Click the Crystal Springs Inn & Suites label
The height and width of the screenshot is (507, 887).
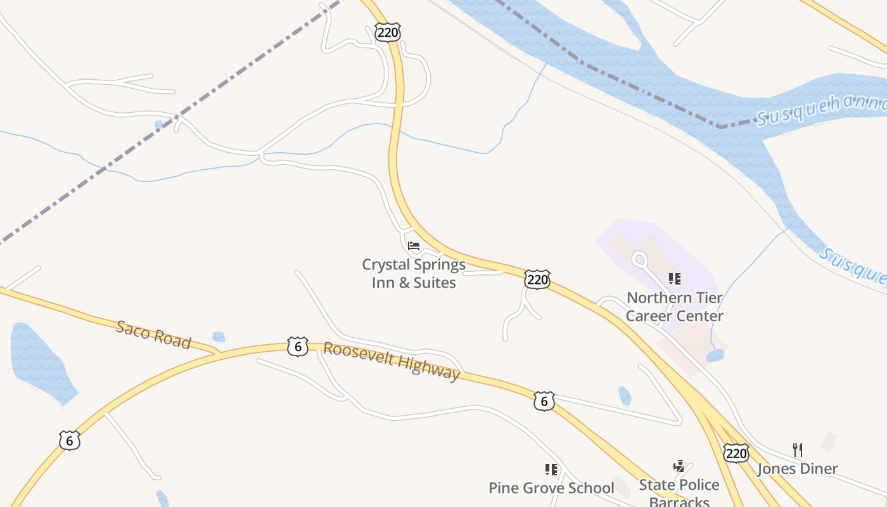(x=414, y=274)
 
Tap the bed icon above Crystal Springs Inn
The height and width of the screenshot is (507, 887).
(x=414, y=246)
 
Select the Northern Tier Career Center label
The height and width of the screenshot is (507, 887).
(x=675, y=307)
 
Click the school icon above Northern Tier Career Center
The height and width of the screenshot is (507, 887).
(x=675, y=279)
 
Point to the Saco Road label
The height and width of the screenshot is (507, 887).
(x=153, y=335)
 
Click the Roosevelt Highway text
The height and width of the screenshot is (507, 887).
(x=392, y=361)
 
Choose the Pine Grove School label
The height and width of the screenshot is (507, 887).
(x=551, y=488)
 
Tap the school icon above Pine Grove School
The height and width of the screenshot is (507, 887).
(x=551, y=470)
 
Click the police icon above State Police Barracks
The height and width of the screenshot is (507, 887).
(x=679, y=467)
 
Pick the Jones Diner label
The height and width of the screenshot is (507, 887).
(x=798, y=469)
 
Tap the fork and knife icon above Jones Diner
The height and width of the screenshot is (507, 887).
(x=798, y=450)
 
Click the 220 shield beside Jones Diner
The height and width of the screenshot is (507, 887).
(x=736, y=453)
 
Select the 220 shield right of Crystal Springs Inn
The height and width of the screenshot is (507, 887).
(x=537, y=279)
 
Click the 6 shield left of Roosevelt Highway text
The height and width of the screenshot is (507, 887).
(x=298, y=347)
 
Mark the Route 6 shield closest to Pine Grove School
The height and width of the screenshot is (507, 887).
(x=544, y=401)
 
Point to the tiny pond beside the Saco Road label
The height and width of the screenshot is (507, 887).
(x=219, y=337)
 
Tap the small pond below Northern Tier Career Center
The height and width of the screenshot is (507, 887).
(x=715, y=356)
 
